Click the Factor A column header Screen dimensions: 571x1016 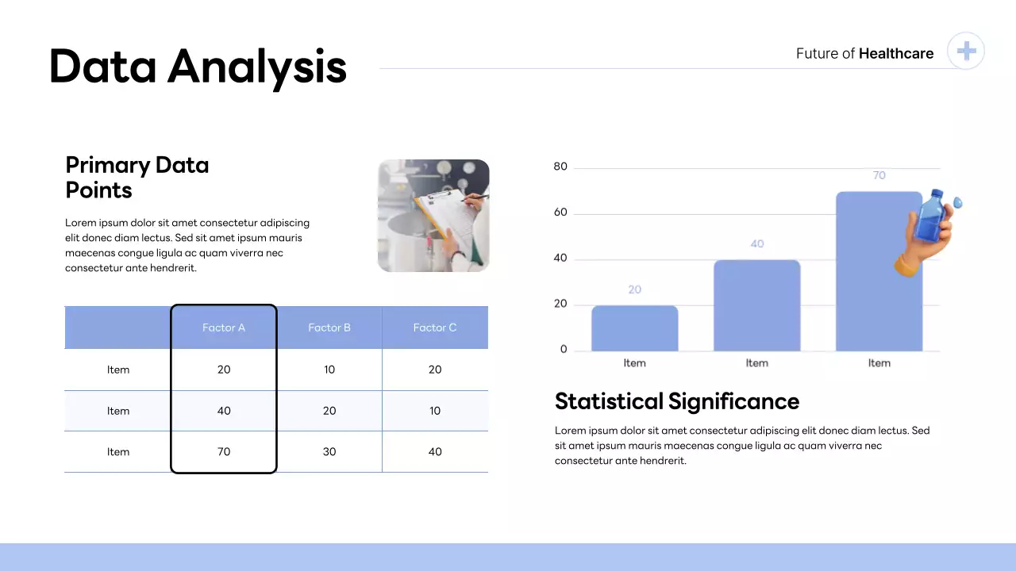(x=224, y=328)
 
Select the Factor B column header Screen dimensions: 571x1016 (x=329, y=328)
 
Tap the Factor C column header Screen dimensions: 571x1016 (x=435, y=328)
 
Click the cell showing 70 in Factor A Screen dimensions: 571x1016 (x=224, y=452)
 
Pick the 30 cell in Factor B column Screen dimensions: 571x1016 (x=329, y=452)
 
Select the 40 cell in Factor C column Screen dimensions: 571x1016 (x=435, y=452)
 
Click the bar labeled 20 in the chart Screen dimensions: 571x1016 (x=635, y=328)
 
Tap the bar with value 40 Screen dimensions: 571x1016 (x=756, y=305)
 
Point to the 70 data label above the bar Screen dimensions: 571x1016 (x=879, y=175)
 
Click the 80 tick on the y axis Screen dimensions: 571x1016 (x=560, y=167)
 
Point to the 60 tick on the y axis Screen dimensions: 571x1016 (x=560, y=213)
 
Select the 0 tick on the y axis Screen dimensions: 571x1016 (x=564, y=350)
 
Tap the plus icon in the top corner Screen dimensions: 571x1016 (x=966, y=52)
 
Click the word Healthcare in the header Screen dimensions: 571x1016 (x=896, y=54)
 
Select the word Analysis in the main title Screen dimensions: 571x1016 (x=257, y=67)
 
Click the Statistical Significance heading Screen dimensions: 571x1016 (x=676, y=401)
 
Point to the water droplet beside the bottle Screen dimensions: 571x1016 (x=958, y=202)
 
